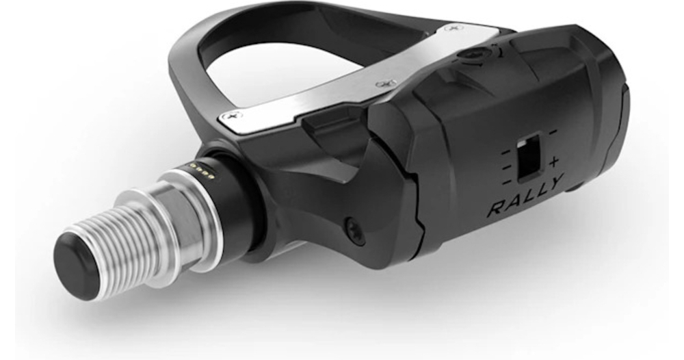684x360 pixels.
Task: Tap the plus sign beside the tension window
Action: [x=553, y=162]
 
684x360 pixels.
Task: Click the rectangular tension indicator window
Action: [x=529, y=157]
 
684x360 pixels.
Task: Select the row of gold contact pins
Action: [x=200, y=170]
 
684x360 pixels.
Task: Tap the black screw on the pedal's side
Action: [x=356, y=231]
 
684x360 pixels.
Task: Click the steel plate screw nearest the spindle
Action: [x=232, y=116]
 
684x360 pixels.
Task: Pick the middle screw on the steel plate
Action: [x=386, y=83]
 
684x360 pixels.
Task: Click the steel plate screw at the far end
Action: [x=454, y=28]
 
